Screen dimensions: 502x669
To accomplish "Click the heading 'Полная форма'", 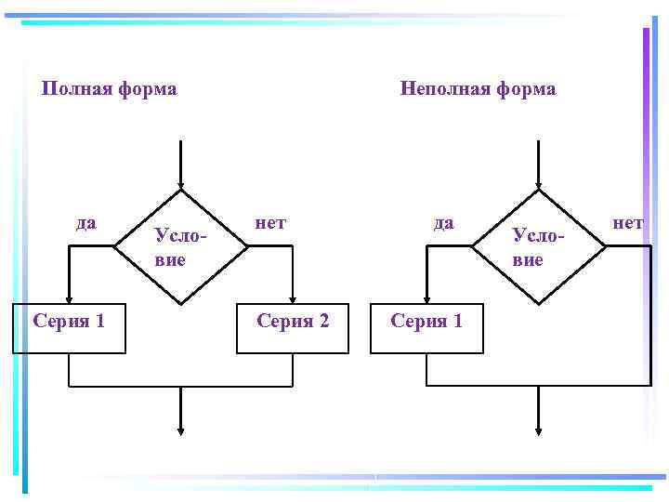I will [110, 89].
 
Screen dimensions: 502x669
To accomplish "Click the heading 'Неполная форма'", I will [478, 89].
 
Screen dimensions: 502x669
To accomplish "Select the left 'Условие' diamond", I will [180, 247].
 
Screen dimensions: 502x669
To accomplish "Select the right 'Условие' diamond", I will [538, 247].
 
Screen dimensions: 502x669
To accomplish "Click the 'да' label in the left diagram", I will [85, 222].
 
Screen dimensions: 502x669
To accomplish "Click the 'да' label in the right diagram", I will [444, 222].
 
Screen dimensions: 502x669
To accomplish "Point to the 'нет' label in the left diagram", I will [270, 222].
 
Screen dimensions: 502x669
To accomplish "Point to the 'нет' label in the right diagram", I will [627, 222].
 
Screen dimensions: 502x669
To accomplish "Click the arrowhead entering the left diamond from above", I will [180, 185].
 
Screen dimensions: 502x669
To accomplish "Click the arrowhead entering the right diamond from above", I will [538, 185].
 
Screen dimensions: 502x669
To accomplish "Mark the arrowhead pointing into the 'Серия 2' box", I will [293, 297].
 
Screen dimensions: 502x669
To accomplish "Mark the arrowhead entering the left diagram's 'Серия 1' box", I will [69, 297].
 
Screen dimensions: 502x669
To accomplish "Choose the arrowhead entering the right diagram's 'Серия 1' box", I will [426, 297].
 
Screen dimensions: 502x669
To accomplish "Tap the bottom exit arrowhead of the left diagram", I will [180, 429].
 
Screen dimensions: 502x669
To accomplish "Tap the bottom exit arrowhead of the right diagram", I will [538, 429].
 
